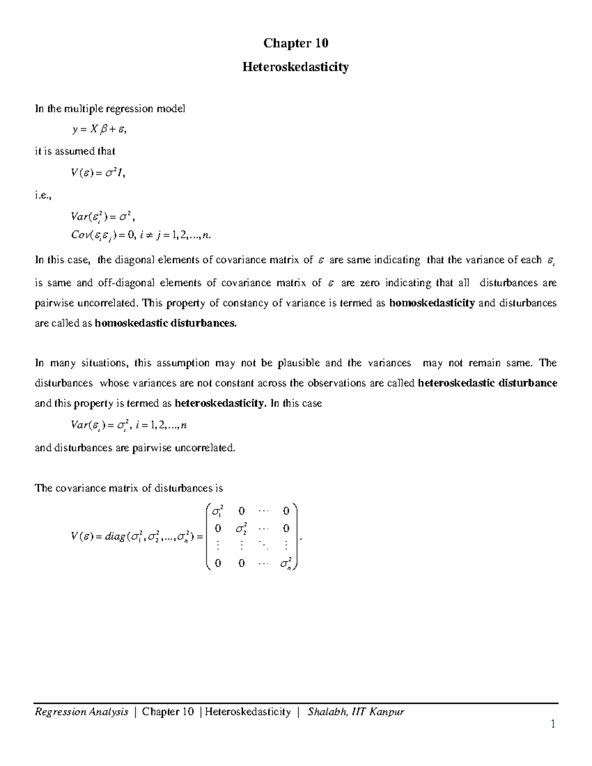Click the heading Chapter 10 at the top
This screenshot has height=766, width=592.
(296, 43)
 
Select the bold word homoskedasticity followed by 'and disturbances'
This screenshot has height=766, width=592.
(432, 303)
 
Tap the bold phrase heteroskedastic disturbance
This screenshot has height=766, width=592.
(487, 383)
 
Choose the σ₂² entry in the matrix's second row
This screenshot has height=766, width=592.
(241, 529)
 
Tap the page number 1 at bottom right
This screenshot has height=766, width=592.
(553, 724)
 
